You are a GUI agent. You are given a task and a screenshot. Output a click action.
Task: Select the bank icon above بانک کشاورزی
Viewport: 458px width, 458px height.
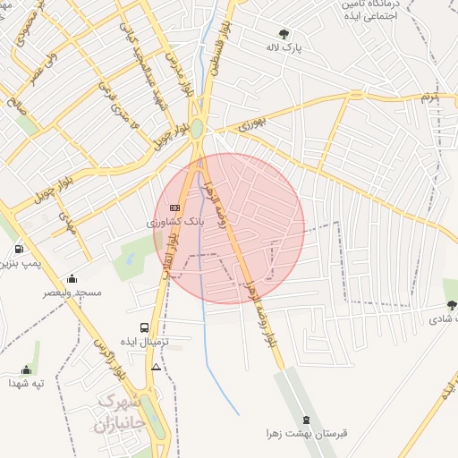[174, 208]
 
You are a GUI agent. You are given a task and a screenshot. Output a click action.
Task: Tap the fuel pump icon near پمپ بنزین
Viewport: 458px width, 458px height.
[20, 249]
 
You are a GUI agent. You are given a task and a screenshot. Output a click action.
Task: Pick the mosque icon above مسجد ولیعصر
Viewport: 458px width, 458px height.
[72, 279]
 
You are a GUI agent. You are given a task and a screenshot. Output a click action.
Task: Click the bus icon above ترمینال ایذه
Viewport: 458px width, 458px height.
[145, 328]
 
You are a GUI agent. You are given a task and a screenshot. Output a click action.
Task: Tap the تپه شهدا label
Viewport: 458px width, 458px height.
[26, 383]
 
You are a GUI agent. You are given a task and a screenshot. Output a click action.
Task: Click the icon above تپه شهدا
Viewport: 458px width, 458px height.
[26, 369]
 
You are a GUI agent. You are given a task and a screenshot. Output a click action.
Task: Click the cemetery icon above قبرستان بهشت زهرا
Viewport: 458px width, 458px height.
[308, 420]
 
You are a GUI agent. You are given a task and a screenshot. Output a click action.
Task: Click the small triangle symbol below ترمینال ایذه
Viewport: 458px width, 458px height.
[157, 367]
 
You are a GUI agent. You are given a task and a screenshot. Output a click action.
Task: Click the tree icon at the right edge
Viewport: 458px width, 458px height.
[451, 304]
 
